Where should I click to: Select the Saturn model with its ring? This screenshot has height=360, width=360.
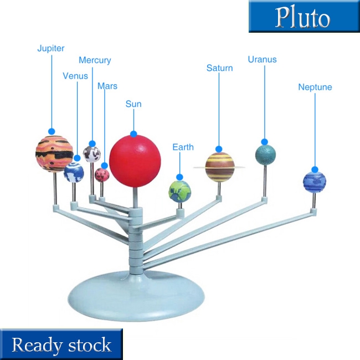(x=219, y=167)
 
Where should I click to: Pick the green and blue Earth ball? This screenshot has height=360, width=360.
(x=179, y=191)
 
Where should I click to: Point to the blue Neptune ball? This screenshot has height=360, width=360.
(x=314, y=182)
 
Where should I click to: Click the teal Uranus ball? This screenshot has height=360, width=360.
(x=265, y=155)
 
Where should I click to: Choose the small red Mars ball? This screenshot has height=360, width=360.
(x=102, y=175)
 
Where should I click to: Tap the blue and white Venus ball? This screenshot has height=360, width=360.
(x=74, y=172)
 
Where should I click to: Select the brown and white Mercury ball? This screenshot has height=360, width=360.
(x=91, y=153)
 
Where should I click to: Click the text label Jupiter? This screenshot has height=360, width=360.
(x=51, y=48)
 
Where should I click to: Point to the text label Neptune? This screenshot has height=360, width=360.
(x=315, y=87)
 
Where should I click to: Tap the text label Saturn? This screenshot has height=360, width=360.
(x=219, y=68)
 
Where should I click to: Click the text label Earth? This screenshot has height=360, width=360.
(x=183, y=147)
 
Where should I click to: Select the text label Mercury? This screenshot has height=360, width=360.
(x=95, y=60)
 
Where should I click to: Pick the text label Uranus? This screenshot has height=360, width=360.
(x=262, y=59)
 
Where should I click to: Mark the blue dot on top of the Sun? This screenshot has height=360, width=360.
(x=133, y=133)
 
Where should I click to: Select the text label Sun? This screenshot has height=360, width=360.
(x=133, y=104)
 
